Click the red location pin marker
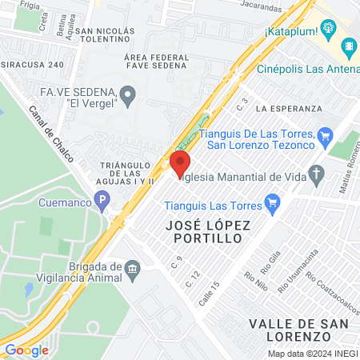tap(178, 165)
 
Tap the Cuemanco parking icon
tap(101, 202)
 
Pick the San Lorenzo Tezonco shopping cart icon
tap(325, 135)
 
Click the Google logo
tap(26, 350)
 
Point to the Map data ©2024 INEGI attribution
tap(313, 354)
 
